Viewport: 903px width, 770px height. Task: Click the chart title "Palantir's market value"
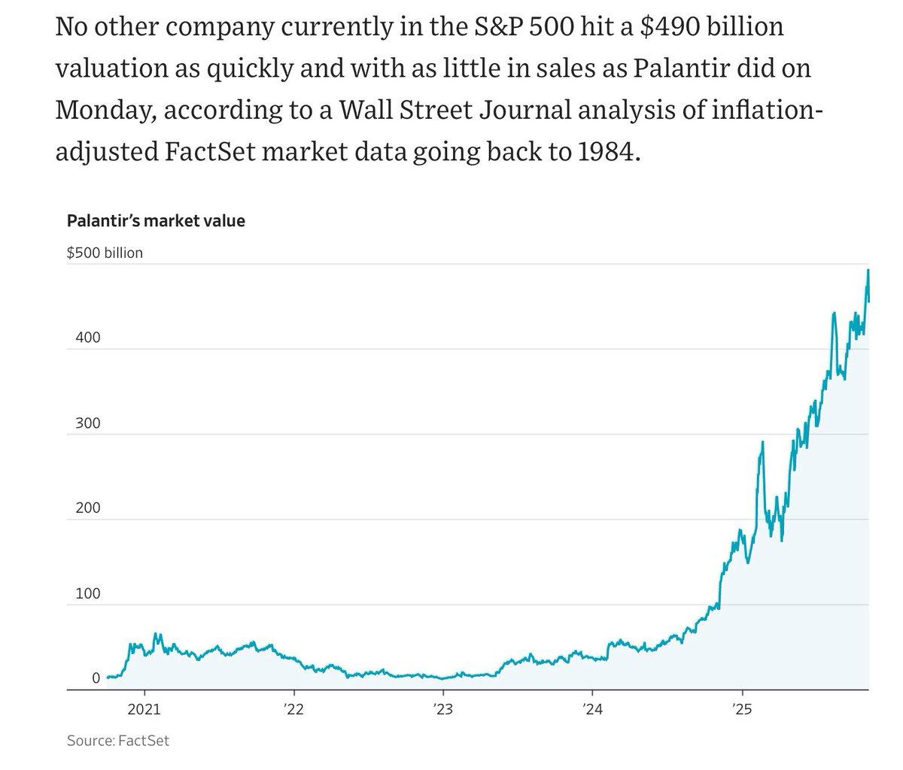point(156,221)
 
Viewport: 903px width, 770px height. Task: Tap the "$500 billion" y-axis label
point(105,253)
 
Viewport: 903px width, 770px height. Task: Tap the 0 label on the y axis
point(96,678)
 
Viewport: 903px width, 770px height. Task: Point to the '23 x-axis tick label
point(442,708)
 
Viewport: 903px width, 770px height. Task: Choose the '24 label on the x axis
point(592,708)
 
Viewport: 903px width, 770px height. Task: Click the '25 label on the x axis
point(742,708)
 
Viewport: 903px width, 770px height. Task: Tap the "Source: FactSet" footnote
point(118,741)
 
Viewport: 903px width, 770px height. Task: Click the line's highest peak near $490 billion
point(868,271)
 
